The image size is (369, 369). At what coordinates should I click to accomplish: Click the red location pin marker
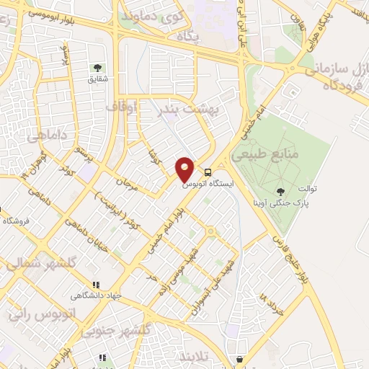185,169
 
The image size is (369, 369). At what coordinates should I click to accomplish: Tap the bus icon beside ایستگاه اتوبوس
208,173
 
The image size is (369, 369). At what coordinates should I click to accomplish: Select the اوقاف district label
121,107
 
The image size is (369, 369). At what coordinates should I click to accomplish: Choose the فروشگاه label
15,220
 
